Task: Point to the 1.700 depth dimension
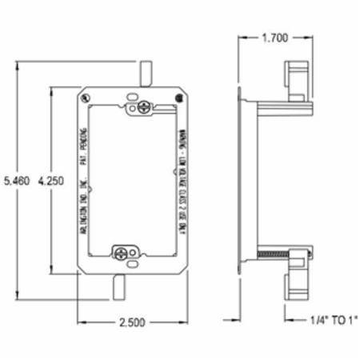tap(274, 37)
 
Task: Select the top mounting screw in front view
tap(145, 106)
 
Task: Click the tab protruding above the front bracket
tap(145, 74)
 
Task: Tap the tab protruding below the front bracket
tap(121, 286)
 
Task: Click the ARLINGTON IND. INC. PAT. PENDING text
tap(86, 181)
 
